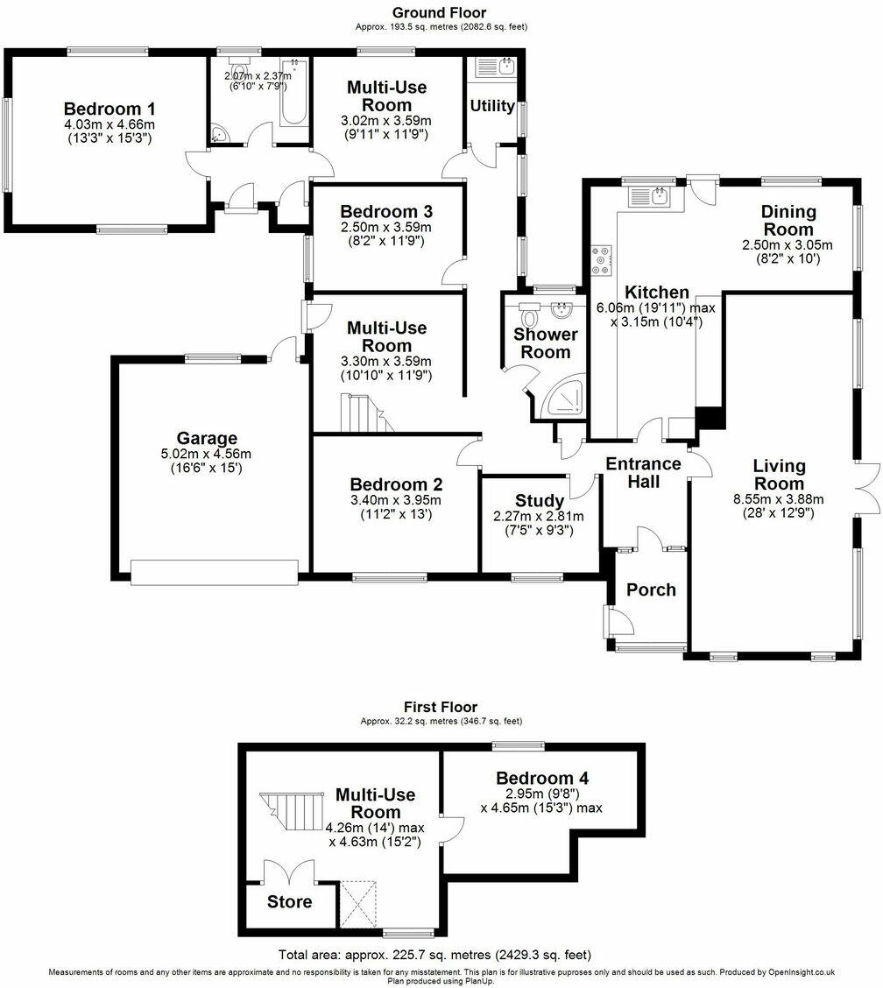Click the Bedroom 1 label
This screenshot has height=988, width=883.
pos(103,109)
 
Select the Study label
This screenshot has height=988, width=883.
pos(540,501)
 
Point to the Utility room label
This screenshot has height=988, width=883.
pos(492,106)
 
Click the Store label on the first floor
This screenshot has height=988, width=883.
pos(289,902)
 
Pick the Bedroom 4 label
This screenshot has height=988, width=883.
pos(542,778)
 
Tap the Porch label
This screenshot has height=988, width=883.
pos(651,589)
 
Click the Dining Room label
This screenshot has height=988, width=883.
pos(788,220)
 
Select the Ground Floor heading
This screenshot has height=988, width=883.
pos(441,12)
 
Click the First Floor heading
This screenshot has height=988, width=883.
pos(441,707)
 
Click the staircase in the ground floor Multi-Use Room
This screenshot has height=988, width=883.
pos(364,413)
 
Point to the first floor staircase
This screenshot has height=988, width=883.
pos(290,815)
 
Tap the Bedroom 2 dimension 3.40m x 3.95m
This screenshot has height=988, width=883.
pos(396,500)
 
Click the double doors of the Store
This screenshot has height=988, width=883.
pos(290,872)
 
